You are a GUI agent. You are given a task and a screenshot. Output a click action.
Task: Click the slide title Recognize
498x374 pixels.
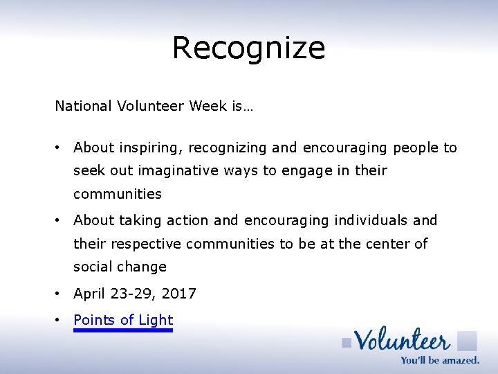[248, 48]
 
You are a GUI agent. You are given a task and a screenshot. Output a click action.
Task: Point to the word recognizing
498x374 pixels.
[228, 148]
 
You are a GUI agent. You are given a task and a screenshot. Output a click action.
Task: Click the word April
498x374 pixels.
[89, 294]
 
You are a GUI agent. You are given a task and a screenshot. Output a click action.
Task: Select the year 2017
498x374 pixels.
[179, 294]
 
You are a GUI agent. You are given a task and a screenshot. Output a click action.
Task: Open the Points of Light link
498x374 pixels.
[123, 320]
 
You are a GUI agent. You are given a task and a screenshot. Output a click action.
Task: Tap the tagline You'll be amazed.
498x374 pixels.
[440, 359]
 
